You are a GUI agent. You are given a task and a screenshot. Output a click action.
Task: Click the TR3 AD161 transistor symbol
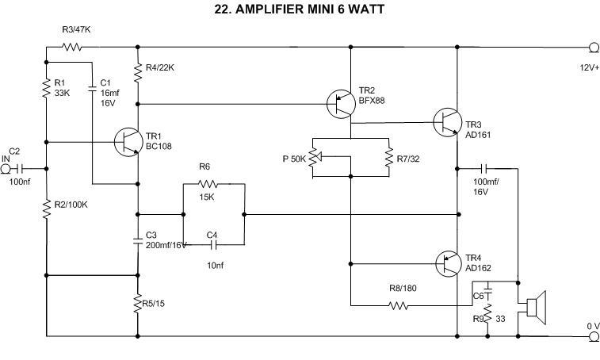[447, 121]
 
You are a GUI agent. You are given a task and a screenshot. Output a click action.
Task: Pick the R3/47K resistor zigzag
[72, 47]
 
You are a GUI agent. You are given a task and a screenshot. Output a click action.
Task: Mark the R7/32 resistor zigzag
[388, 156]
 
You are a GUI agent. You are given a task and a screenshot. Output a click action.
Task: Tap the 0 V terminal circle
[593, 336]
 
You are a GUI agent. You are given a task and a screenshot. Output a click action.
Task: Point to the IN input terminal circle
[7, 168]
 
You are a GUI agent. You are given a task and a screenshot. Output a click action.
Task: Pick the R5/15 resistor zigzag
[139, 304]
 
